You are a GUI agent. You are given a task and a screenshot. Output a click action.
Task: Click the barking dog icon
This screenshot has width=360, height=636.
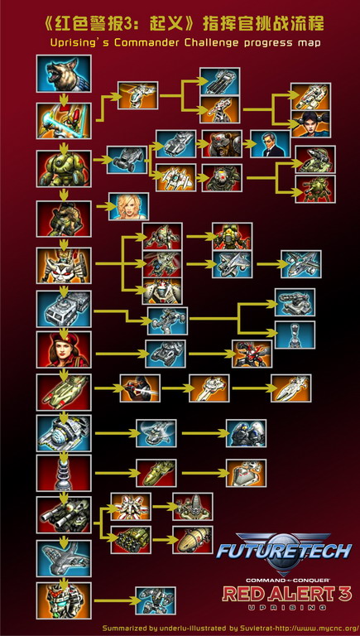64,74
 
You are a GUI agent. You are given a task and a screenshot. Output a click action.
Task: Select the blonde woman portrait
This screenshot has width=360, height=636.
128,206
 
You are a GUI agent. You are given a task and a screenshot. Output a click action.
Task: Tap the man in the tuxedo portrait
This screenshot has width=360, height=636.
271,144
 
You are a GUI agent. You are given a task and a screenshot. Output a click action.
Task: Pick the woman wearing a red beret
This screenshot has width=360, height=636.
64,349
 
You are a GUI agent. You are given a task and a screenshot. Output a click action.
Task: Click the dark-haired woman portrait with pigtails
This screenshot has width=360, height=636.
310,123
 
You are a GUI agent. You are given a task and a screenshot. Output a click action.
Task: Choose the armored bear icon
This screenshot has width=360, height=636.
222,144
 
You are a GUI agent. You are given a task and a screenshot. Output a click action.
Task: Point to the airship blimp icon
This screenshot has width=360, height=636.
193,540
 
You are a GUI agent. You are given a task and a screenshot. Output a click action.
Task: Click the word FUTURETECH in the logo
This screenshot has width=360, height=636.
284,552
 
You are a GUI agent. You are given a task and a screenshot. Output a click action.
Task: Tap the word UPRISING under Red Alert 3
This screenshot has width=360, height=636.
286,607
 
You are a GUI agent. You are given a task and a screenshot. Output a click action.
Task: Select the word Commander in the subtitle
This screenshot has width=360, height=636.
148,43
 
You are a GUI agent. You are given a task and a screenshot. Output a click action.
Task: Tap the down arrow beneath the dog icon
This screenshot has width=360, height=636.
64,99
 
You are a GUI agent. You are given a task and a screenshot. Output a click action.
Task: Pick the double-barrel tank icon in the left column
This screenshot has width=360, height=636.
64,515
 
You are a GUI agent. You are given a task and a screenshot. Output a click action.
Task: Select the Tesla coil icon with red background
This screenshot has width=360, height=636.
64,473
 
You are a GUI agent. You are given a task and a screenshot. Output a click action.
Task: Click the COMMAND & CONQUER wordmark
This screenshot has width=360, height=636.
287,580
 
